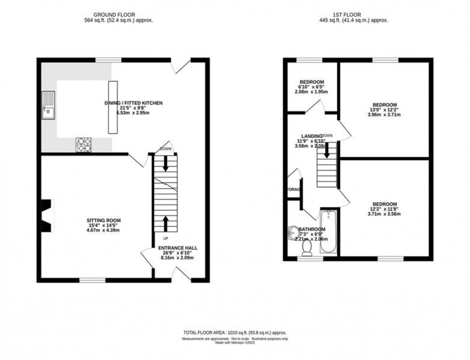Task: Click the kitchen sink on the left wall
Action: coord(48,105)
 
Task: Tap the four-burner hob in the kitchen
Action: coord(83,144)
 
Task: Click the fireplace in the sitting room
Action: coord(47,216)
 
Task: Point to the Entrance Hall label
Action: coord(177,248)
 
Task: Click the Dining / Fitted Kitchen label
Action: coord(134,103)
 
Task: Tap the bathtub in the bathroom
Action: coord(329,232)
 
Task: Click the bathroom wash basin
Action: coord(294,233)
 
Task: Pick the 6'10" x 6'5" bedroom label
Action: coord(312,81)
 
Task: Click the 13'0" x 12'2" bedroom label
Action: coord(385,105)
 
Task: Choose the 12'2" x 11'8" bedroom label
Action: coord(384,204)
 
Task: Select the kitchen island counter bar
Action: coord(113,107)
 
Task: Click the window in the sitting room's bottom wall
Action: coord(93,280)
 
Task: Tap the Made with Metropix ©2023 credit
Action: coord(235,343)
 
